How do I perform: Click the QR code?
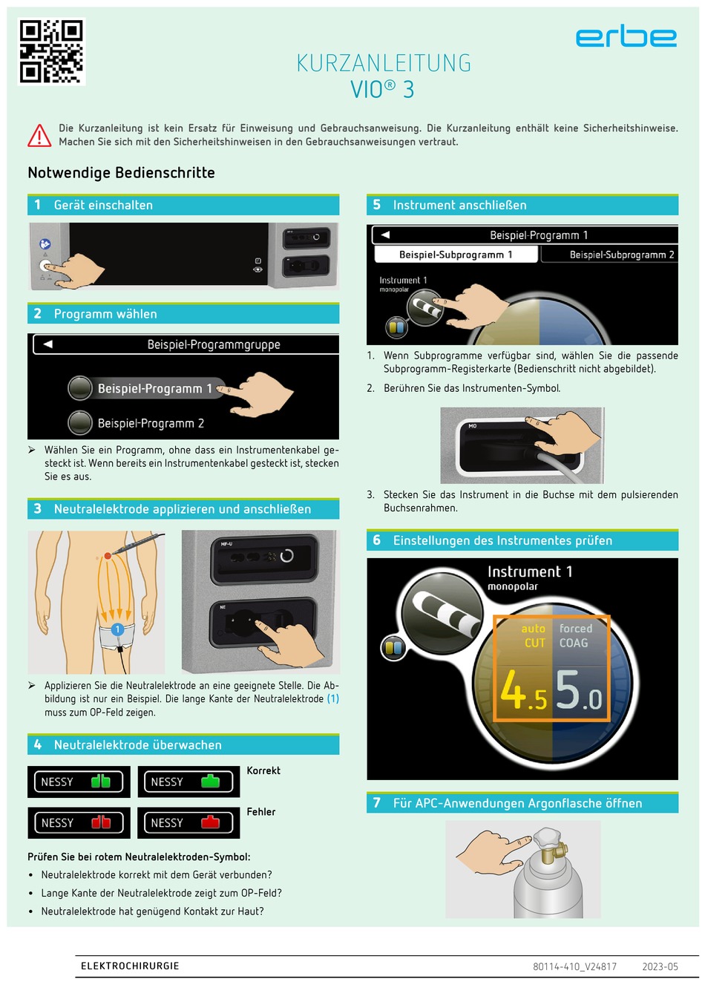[51, 52]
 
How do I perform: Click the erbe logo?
[626, 37]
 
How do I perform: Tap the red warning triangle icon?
[39, 135]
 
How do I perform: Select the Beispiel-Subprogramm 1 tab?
[455, 255]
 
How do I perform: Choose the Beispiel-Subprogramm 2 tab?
[622, 255]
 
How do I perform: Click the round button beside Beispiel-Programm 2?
[80, 422]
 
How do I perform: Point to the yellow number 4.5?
[524, 691]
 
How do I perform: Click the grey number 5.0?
[579, 691]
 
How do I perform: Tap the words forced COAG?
[575, 635]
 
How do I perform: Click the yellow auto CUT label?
[534, 635]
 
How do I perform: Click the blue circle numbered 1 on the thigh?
[117, 629]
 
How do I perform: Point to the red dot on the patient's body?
[108, 556]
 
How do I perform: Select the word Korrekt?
[263, 770]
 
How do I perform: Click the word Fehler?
[261, 811]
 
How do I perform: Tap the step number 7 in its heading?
[377, 802]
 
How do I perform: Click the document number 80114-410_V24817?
[574, 966]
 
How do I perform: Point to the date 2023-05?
[660, 966]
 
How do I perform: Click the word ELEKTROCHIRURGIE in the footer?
[130, 966]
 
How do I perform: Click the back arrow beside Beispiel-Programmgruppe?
[48, 344]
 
